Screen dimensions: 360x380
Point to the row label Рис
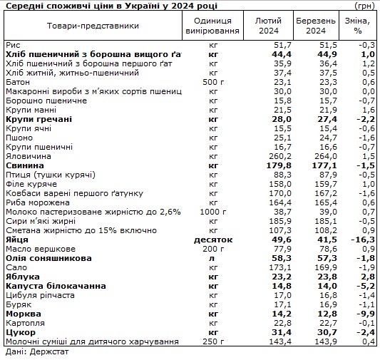tap(12, 44)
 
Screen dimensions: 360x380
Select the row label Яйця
tap(17, 240)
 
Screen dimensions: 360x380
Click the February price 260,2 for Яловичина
tap(270, 155)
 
